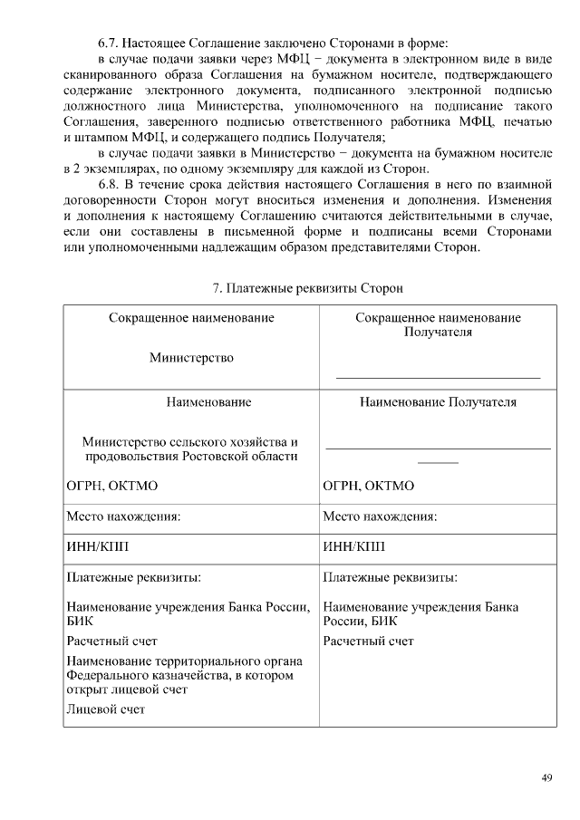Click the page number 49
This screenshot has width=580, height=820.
tap(546, 777)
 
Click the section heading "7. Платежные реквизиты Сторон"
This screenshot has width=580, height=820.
tap(307, 288)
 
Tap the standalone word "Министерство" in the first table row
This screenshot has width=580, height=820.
tap(191, 357)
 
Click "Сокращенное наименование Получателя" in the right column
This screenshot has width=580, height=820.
tap(438, 325)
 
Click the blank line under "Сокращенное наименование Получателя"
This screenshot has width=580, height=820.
tap(438, 375)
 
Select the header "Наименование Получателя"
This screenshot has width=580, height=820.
tap(438, 401)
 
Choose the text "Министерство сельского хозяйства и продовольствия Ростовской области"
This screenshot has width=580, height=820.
tap(190, 449)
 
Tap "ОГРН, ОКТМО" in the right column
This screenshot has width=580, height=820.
tap(369, 486)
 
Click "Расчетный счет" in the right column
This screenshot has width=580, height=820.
tap(369, 641)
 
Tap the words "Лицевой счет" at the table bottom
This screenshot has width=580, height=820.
tap(106, 709)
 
